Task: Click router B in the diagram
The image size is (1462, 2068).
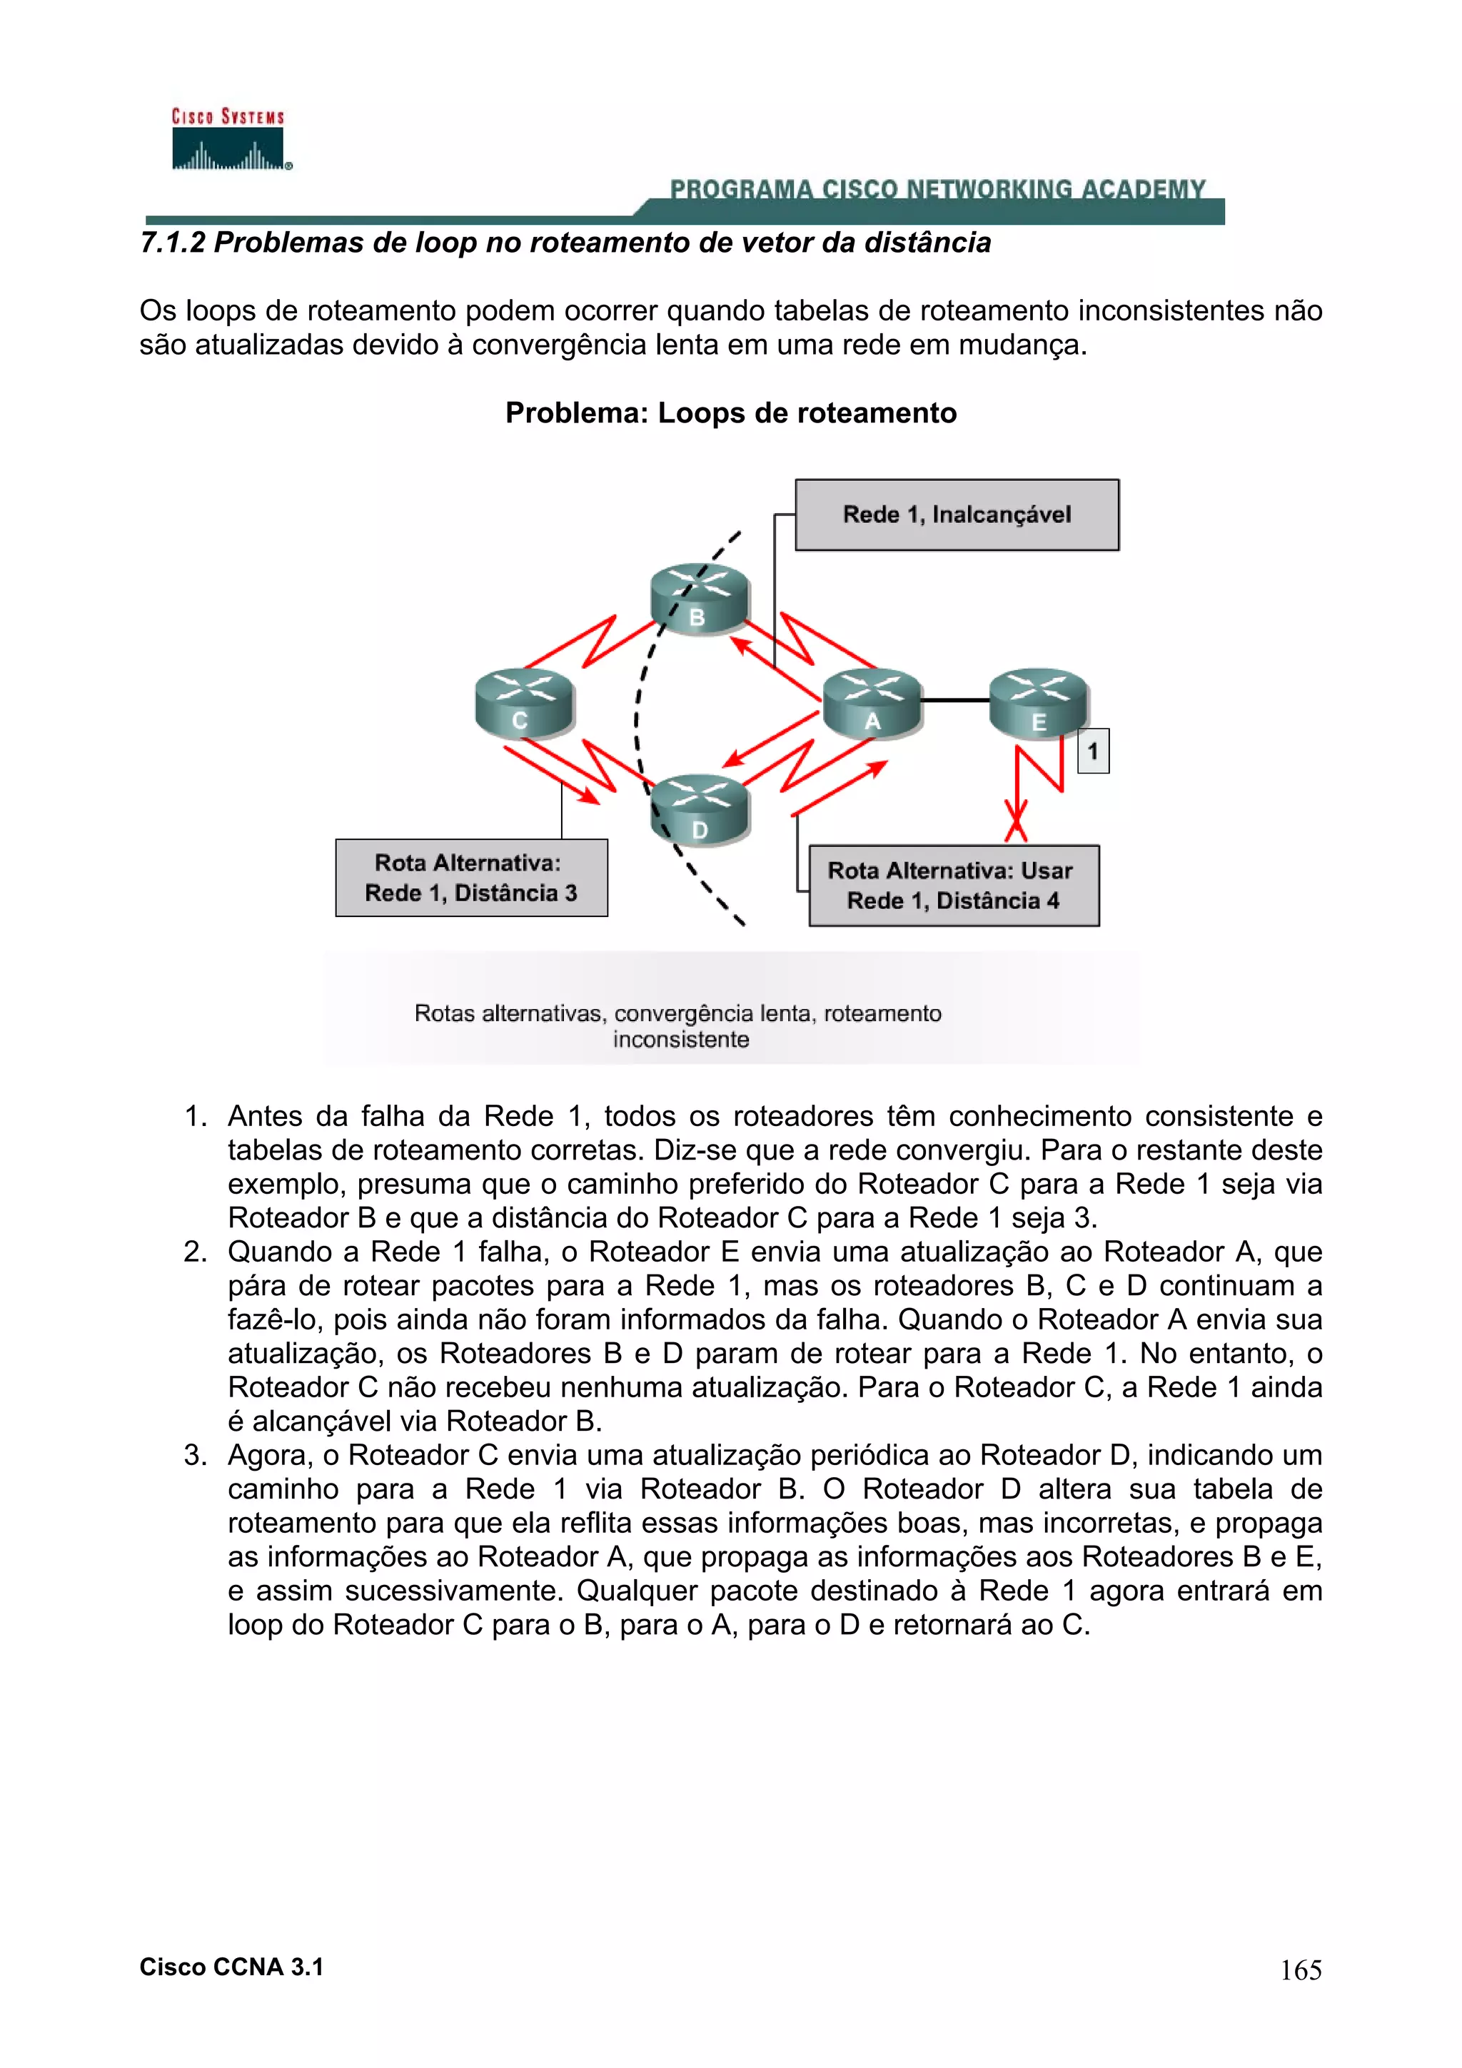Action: [699, 598]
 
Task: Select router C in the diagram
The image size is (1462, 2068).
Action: [523, 704]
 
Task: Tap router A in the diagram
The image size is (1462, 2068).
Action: [871, 703]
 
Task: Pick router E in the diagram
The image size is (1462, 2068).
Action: [1038, 703]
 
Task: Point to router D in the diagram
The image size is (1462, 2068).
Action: [699, 809]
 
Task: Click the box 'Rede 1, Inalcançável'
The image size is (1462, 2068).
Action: [956, 515]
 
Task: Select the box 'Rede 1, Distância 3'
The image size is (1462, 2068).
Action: [471, 878]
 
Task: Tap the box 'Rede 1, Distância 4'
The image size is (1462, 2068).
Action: [953, 886]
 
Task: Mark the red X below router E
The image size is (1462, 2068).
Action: [1016, 821]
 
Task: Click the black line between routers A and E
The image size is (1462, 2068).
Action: [955, 700]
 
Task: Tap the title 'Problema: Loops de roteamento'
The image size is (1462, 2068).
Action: [730, 412]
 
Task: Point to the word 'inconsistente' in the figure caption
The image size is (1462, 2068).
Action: [680, 1040]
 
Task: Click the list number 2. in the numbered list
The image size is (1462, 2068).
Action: [196, 1252]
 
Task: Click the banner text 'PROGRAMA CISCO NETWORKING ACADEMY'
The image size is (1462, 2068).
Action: [937, 189]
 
